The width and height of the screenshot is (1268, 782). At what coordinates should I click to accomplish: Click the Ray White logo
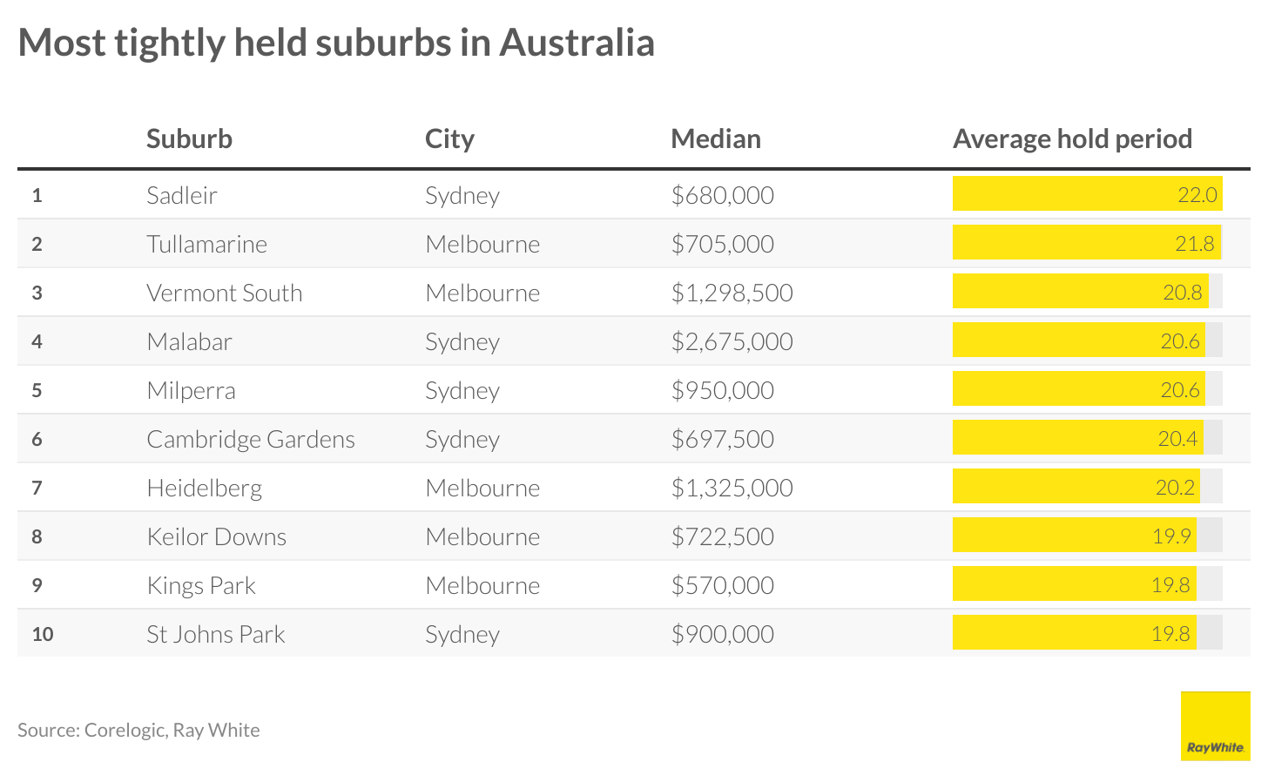pyautogui.click(x=1215, y=726)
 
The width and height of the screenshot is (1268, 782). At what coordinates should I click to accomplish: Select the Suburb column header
pyautogui.click(x=189, y=138)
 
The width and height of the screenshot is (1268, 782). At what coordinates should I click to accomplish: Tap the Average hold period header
pyautogui.click(x=1072, y=138)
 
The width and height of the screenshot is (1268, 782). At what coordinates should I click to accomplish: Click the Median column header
pyautogui.click(x=715, y=138)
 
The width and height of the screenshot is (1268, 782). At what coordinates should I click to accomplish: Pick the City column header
pyautogui.click(x=449, y=138)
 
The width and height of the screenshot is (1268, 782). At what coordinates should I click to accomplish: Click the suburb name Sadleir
pyautogui.click(x=181, y=195)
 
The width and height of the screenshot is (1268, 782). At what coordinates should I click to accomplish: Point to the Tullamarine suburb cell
pyautogui.click(x=206, y=244)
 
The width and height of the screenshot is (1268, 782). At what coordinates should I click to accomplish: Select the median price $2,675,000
pyautogui.click(x=732, y=341)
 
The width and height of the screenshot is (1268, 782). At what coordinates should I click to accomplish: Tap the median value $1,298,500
pyautogui.click(x=732, y=293)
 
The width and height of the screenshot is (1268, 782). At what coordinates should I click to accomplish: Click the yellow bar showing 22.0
pyautogui.click(x=1087, y=194)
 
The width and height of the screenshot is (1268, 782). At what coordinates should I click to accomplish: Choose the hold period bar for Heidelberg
pyautogui.click(x=1076, y=487)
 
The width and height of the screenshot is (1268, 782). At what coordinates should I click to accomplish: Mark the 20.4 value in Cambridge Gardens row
pyautogui.click(x=1177, y=439)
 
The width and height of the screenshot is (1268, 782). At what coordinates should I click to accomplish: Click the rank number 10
pyautogui.click(x=42, y=634)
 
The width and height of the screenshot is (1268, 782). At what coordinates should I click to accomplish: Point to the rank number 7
pyautogui.click(x=37, y=488)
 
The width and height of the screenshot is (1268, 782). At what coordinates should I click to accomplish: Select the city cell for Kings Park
pyautogui.click(x=482, y=585)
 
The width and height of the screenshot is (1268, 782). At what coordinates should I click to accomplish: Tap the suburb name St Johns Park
pyautogui.click(x=215, y=634)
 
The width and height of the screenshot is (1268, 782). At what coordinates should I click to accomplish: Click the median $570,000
pyautogui.click(x=722, y=585)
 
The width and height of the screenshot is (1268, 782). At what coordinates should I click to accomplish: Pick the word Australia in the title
pyautogui.click(x=576, y=43)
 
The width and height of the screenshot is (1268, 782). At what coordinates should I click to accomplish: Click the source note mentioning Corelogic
pyautogui.click(x=138, y=730)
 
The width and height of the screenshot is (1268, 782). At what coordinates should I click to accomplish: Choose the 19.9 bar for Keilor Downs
pyautogui.click(x=1074, y=536)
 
